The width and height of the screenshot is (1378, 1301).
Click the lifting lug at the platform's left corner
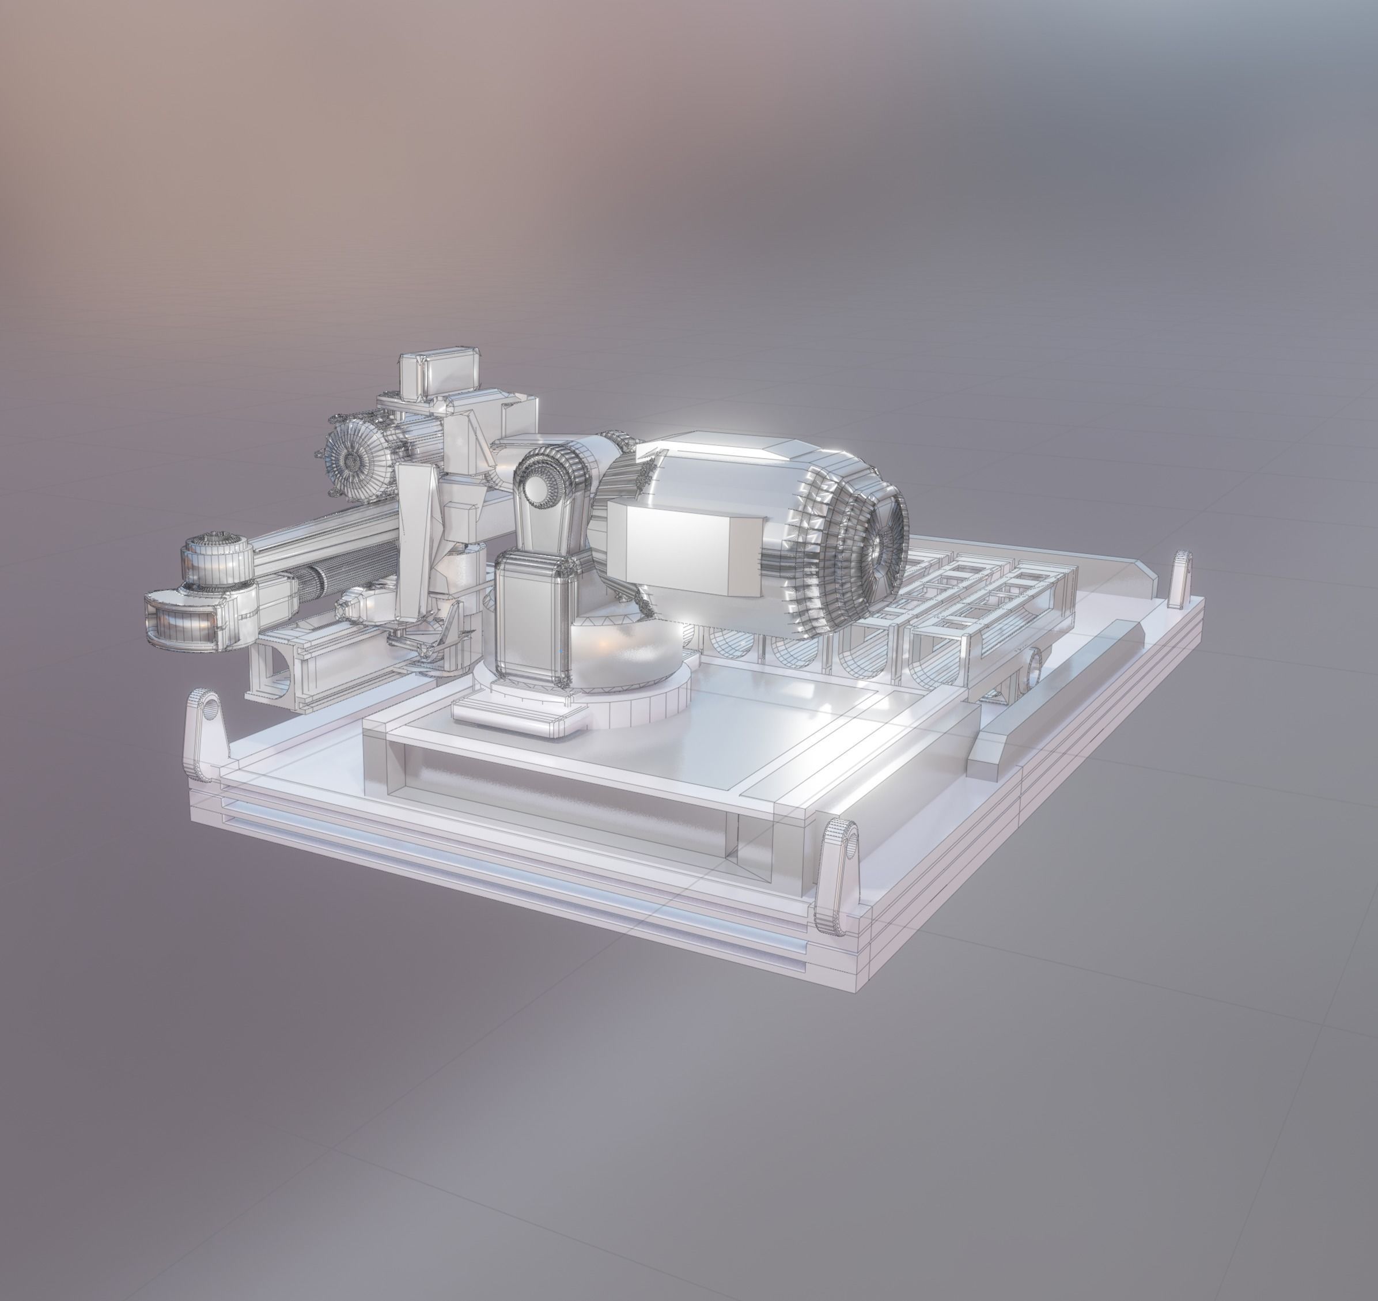pyautogui.click(x=206, y=733)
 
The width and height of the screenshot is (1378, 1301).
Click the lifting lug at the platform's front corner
pyautogui.click(x=837, y=878)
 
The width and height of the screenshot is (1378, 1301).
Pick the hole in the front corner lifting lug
pyautogui.click(x=849, y=845)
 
